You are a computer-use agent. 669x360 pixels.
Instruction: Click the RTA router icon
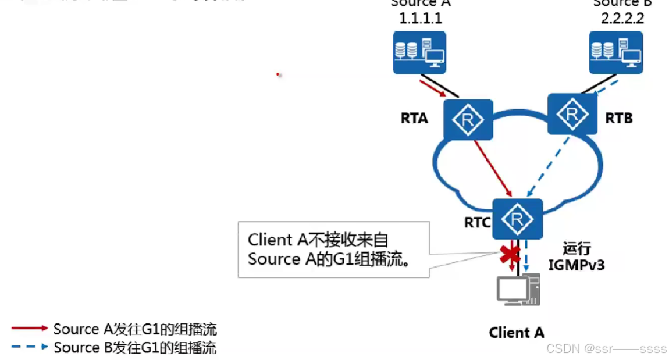pos(468,120)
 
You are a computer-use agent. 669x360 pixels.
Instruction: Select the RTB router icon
pos(572,114)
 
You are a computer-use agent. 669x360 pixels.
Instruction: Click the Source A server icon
pos(419,52)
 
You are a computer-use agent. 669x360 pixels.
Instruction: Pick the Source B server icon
pos(615,52)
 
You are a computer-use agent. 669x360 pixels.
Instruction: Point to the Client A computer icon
pos(518,289)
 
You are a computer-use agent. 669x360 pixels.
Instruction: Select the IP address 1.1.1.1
pos(420,18)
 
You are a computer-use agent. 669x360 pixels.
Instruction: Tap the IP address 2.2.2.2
pos(622,18)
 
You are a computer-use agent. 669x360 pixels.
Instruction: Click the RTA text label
pos(414,119)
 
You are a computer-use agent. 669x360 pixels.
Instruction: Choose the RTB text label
pos(618,119)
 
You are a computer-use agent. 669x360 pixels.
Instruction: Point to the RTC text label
pos(477,222)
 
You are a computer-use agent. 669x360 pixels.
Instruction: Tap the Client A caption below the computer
pos(517,333)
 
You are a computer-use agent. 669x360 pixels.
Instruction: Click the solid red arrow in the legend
pos(29,328)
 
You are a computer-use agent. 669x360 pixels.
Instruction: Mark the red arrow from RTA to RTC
pos(493,167)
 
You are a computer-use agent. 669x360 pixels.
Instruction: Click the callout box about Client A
pos(334,249)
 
